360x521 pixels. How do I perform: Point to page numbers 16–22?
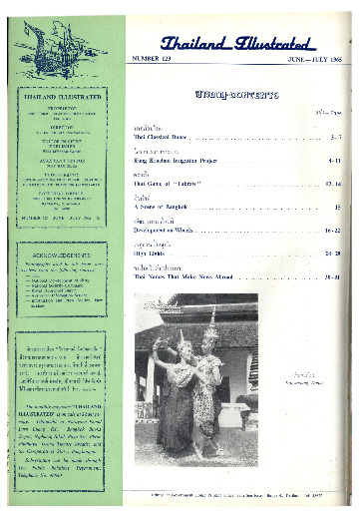333,229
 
